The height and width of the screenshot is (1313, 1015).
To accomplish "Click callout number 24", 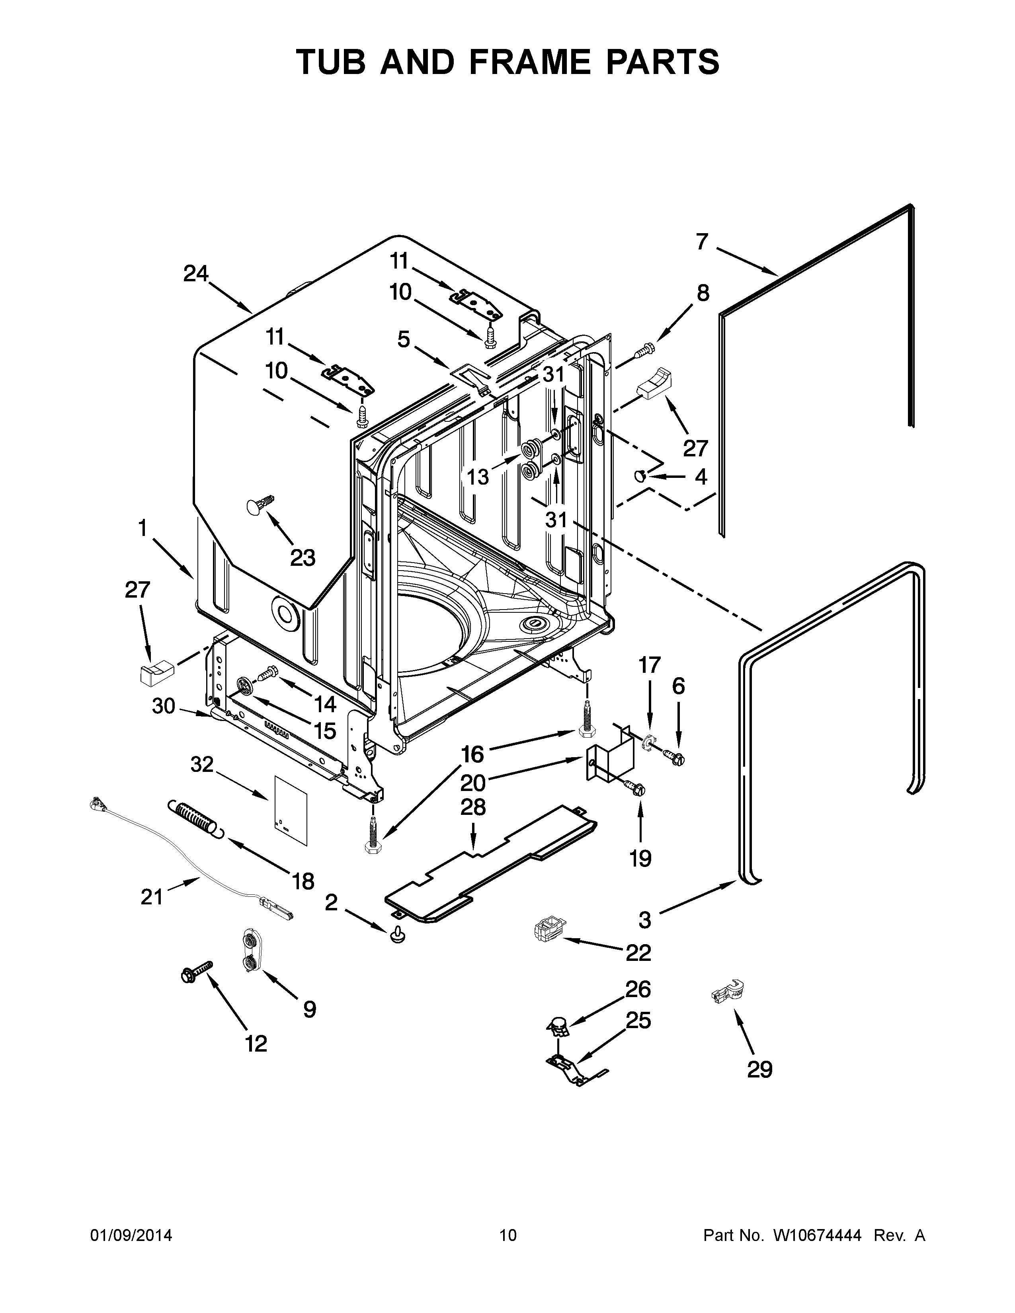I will point(195,274).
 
